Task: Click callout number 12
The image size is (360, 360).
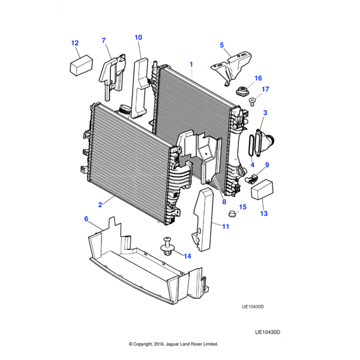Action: tap(75, 43)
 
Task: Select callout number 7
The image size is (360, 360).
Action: tap(103, 41)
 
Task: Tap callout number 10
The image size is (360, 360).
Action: tap(138, 37)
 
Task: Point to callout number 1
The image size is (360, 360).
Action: tap(191, 63)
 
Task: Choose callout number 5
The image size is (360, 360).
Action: tap(221, 45)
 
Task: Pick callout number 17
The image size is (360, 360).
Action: tap(265, 89)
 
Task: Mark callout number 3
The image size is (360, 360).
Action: tap(265, 112)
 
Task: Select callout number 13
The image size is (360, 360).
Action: tap(263, 213)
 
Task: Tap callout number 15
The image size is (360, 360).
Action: tap(242, 207)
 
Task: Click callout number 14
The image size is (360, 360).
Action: tap(187, 256)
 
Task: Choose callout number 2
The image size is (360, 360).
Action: tap(101, 204)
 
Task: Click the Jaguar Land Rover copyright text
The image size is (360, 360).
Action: tap(173, 344)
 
